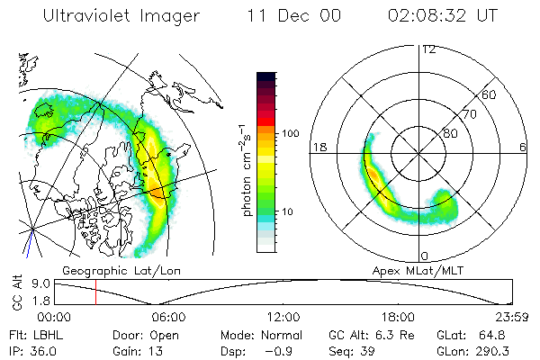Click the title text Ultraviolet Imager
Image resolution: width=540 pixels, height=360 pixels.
121,17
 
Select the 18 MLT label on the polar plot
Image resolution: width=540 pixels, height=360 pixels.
318,148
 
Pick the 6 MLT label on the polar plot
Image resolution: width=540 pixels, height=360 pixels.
524,148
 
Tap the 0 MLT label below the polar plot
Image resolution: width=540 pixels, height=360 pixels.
425,256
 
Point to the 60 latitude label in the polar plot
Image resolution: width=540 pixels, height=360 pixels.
490,94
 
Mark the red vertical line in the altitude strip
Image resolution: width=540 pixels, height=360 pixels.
95,292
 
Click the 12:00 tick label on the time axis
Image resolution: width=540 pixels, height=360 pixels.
283,317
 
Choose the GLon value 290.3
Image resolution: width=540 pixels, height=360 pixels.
508,351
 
